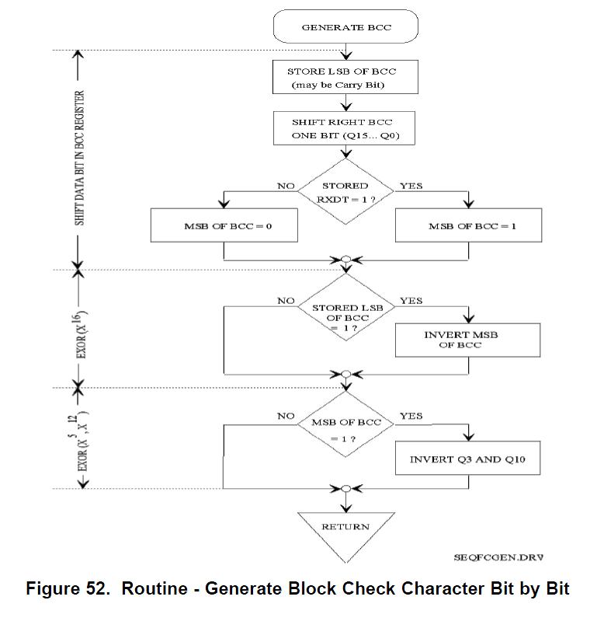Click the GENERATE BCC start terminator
coord(346,28)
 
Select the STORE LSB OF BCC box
coord(346,78)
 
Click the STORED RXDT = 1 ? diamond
coord(346,191)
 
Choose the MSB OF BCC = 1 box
coord(467,226)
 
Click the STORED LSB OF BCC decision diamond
coord(346,312)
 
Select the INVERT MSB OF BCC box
coord(467,340)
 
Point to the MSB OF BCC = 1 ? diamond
coord(346,429)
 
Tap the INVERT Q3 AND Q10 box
coord(467,459)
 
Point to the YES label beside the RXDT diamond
coord(411,187)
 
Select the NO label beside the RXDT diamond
coord(286,187)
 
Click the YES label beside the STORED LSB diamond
coord(411,301)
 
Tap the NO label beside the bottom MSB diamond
coord(286,417)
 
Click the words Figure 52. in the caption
coord(67,588)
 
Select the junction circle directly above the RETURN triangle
coord(346,489)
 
